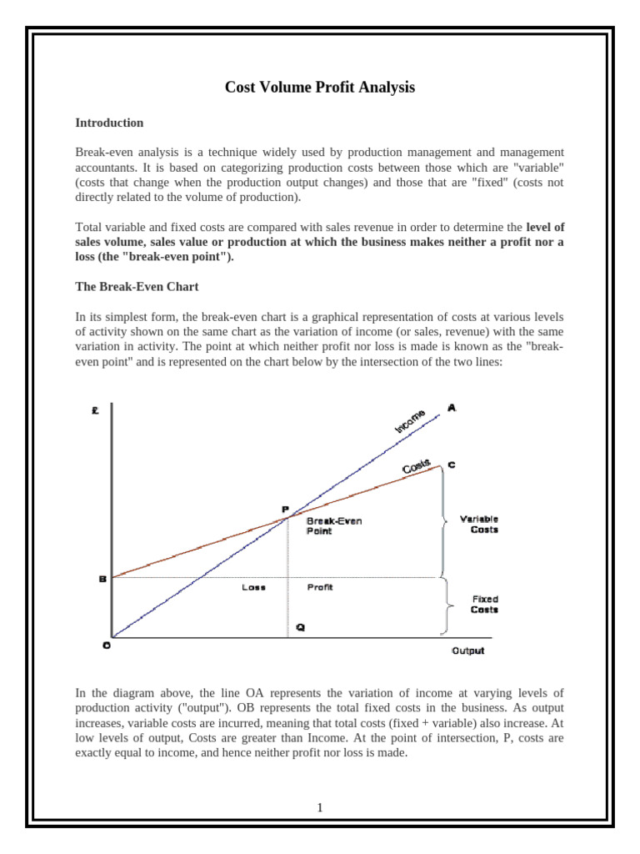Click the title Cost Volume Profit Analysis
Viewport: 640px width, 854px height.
point(320,87)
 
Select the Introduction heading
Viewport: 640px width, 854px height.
point(109,123)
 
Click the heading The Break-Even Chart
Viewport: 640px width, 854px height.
point(137,286)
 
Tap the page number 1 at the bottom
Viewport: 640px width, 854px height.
point(320,807)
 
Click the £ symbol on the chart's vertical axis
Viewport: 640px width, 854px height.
point(97,409)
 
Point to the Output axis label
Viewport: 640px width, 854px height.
point(467,651)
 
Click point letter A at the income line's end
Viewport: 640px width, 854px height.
point(452,408)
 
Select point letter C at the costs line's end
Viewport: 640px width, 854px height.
point(452,465)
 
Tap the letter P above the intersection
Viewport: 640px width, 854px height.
point(285,508)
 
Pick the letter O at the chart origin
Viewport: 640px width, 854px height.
point(106,645)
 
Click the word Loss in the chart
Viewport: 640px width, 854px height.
point(253,587)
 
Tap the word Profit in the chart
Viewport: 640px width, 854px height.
point(320,587)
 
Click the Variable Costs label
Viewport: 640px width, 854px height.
point(479,524)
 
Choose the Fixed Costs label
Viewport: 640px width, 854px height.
point(485,604)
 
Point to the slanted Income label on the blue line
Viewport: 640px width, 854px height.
point(409,421)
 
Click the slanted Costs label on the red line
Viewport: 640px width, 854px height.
point(417,467)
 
